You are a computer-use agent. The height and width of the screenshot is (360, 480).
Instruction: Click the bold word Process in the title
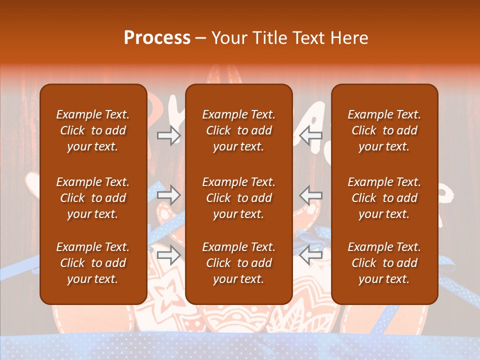(x=157, y=38)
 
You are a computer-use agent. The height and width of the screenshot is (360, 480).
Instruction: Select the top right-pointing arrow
(x=169, y=135)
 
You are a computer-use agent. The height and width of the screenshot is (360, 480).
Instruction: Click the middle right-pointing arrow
(x=169, y=194)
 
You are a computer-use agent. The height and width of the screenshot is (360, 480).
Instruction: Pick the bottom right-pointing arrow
(x=169, y=255)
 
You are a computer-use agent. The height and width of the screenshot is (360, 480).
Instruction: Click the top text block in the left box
(x=93, y=130)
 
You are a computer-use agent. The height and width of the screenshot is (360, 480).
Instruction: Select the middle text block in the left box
(x=93, y=198)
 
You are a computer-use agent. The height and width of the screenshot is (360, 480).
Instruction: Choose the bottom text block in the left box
(x=93, y=263)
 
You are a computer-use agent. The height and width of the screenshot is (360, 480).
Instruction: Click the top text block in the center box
(x=239, y=130)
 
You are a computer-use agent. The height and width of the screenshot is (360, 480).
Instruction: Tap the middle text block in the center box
(x=239, y=198)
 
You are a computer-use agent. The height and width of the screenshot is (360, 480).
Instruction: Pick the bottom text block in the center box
(x=239, y=263)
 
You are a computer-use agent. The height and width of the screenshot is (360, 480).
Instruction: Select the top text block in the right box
(x=384, y=130)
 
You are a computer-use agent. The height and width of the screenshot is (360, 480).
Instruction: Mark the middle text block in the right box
(x=384, y=198)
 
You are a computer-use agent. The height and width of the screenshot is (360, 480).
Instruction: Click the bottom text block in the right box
(x=384, y=263)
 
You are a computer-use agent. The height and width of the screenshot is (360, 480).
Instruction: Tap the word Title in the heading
(x=270, y=38)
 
